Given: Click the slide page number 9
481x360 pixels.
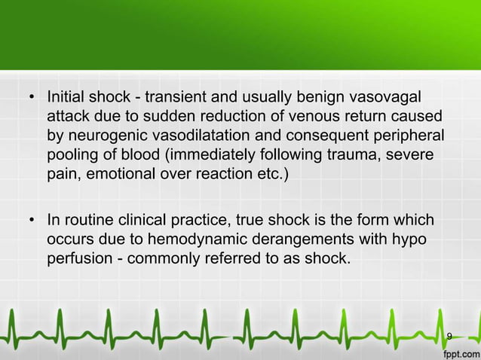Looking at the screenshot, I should click(x=449, y=335).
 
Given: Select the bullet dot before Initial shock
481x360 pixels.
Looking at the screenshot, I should click(x=32, y=99).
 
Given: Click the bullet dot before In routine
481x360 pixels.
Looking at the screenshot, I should click(x=32, y=221).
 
